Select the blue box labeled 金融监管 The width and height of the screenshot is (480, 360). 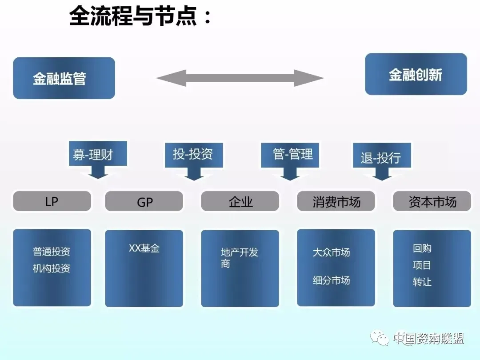[x=64, y=78]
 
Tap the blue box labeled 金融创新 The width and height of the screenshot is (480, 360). [x=416, y=74]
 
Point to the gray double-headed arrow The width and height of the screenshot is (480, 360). [x=240, y=78]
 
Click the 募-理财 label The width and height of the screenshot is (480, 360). [x=93, y=155]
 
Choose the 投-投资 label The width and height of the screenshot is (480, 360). [x=193, y=154]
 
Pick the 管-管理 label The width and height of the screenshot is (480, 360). [x=292, y=154]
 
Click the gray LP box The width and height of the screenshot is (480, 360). [x=52, y=201]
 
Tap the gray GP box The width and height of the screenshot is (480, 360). [x=144, y=201]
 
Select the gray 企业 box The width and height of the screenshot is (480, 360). [x=240, y=201]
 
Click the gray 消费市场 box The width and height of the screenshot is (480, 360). [x=336, y=201]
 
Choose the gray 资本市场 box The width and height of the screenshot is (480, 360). [x=432, y=201]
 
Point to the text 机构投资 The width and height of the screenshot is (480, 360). [x=52, y=268]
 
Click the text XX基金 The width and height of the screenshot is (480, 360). [x=144, y=248]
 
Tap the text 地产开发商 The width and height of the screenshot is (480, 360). [x=240, y=258]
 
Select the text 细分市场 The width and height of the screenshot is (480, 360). [x=331, y=280]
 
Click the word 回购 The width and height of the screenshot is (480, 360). [x=422, y=248]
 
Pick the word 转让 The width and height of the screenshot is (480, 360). [x=422, y=282]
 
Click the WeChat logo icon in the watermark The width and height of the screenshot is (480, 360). [x=380, y=338]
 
